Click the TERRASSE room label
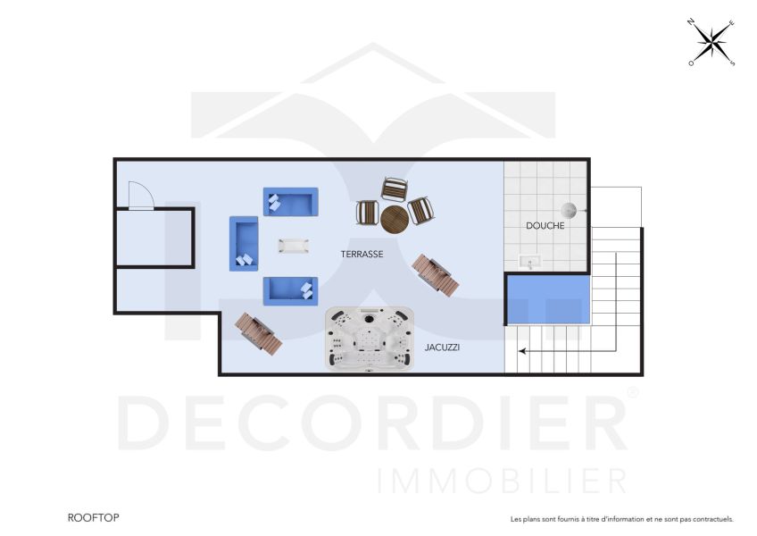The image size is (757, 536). [x=362, y=255]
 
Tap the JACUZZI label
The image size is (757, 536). [x=442, y=347]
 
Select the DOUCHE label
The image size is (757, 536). [x=545, y=226]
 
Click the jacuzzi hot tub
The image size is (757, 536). [x=370, y=339]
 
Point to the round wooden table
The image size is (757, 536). [x=394, y=218]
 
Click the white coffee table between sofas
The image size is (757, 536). [x=293, y=245]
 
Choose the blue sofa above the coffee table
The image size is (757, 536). [x=290, y=201]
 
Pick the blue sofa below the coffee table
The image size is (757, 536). [x=290, y=290]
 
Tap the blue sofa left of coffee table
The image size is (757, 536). [x=244, y=244]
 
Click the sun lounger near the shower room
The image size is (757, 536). [x=436, y=275]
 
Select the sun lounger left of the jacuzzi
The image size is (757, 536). [x=258, y=332]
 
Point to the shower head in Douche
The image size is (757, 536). [x=576, y=211]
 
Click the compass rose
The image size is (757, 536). [x=711, y=42]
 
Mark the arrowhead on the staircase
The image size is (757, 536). [x=522, y=351]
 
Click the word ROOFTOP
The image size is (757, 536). [x=93, y=517]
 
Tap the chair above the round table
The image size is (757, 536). [x=394, y=189]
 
